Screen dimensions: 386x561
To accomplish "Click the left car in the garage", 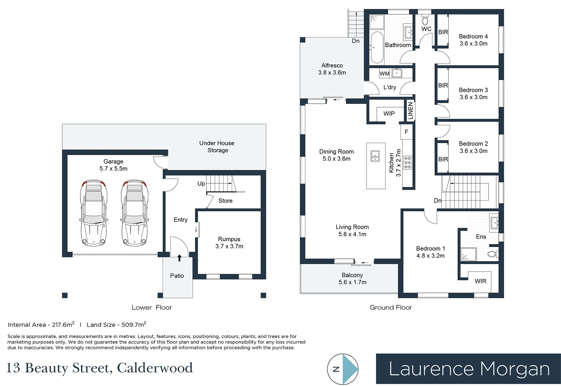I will (94, 213).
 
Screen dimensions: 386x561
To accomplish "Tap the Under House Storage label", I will (217, 147).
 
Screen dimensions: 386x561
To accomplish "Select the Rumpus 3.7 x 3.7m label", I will (229, 243).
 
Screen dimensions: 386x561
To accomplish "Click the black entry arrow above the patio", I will (179, 258).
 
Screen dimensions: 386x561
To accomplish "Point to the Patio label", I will (177, 276).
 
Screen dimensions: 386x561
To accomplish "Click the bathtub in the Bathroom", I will (377, 48).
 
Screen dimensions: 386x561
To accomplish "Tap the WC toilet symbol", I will (425, 20).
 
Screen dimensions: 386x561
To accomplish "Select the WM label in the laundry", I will (384, 74).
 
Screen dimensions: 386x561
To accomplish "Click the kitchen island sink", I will (375, 156).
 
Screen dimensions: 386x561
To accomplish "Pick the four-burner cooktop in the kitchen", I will (408, 162).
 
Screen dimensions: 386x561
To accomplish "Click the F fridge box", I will (406, 132).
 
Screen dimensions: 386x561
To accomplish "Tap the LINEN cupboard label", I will (410, 111).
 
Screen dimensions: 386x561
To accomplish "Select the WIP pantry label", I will (389, 114).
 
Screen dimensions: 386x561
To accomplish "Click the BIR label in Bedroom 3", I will (443, 85).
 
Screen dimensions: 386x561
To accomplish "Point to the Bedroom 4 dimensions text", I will (473, 44).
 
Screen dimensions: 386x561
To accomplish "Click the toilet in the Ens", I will (493, 254).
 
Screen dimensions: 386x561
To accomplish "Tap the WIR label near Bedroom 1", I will (480, 281).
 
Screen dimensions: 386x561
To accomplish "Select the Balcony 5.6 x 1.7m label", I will (352, 279).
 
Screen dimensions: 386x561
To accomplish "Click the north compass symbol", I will (343, 369).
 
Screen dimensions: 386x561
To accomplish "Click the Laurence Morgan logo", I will (468, 369).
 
